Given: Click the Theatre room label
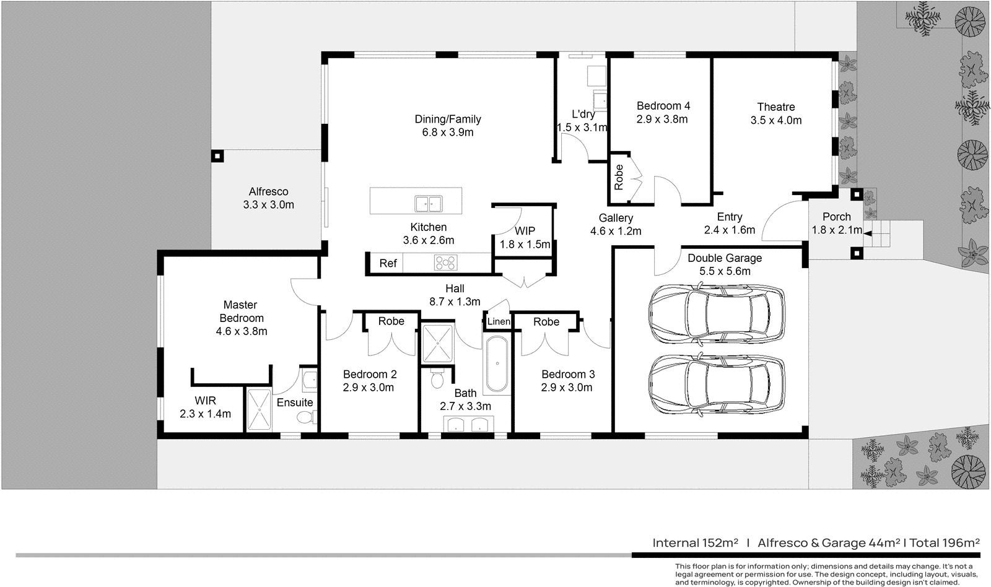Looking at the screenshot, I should click(x=775, y=107).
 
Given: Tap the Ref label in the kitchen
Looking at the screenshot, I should click(x=388, y=263).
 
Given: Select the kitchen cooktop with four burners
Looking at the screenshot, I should click(x=445, y=263).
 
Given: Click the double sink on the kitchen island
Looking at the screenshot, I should click(x=428, y=203).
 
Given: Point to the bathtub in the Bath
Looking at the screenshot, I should click(x=495, y=365).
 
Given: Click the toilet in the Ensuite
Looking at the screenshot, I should click(x=304, y=418).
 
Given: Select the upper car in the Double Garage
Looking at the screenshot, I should click(x=716, y=313).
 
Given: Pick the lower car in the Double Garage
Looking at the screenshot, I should click(x=716, y=384).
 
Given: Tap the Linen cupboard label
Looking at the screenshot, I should click(x=499, y=321).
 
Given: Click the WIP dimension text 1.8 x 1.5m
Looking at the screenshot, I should click(x=525, y=245).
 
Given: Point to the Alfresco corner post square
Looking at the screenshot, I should click(x=217, y=156).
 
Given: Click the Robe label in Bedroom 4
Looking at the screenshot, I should click(x=619, y=177).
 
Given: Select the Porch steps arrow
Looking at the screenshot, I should click(x=868, y=233).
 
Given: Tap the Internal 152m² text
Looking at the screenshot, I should click(x=695, y=543).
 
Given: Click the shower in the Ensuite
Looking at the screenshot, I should click(x=259, y=409).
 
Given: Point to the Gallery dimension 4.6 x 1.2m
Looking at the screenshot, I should click(x=615, y=231).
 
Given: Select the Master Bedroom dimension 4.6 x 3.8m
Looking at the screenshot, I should click(x=241, y=331).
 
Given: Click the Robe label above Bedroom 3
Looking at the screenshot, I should click(x=546, y=321).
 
